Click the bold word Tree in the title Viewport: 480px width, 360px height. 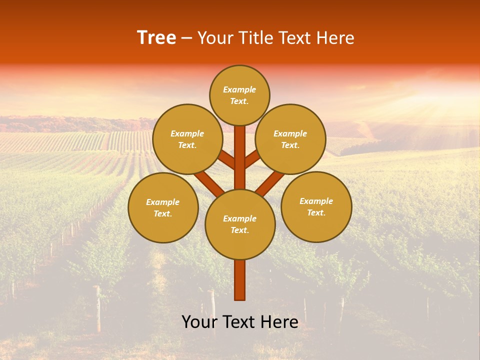pos(156,38)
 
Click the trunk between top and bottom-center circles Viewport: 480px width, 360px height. pos(240,157)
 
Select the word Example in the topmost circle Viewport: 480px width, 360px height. pos(239,89)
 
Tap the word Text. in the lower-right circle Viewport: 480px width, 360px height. pos(316,212)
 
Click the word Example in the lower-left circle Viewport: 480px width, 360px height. pos(162,202)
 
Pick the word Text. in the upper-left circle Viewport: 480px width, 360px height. pos(187,145)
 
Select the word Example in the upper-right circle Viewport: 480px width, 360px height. pos(290,133)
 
